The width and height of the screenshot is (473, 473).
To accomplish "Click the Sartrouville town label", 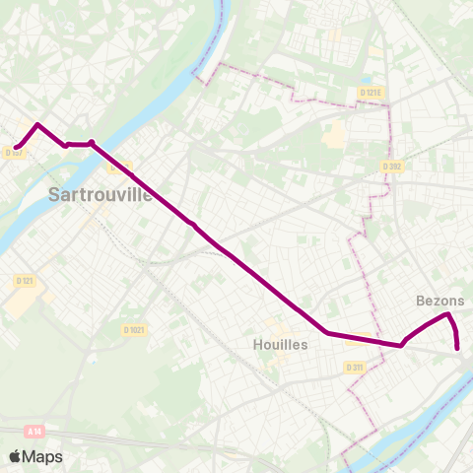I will (100, 194).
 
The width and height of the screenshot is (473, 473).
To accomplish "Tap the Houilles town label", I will (281, 345).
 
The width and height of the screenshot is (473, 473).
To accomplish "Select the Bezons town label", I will (435, 300).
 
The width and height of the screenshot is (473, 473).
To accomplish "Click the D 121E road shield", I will (370, 93).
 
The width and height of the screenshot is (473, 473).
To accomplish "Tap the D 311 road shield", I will (356, 367).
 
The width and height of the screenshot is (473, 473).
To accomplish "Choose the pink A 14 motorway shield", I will (34, 431).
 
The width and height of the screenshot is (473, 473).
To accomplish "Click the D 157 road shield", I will (14, 153).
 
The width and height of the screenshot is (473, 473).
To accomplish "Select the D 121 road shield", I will (25, 281).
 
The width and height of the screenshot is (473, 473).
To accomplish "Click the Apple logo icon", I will (15, 456).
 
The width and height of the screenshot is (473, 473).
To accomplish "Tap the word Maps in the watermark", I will (42, 456).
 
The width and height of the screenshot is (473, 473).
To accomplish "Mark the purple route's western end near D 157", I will (17, 148).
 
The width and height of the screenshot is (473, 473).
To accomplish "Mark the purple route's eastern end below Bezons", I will (458, 347).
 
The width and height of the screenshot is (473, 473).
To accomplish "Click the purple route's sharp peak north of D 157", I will (37, 124).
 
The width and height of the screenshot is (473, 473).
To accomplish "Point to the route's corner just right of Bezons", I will (449, 314).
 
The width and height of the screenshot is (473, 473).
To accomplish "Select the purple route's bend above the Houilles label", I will (327, 332).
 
